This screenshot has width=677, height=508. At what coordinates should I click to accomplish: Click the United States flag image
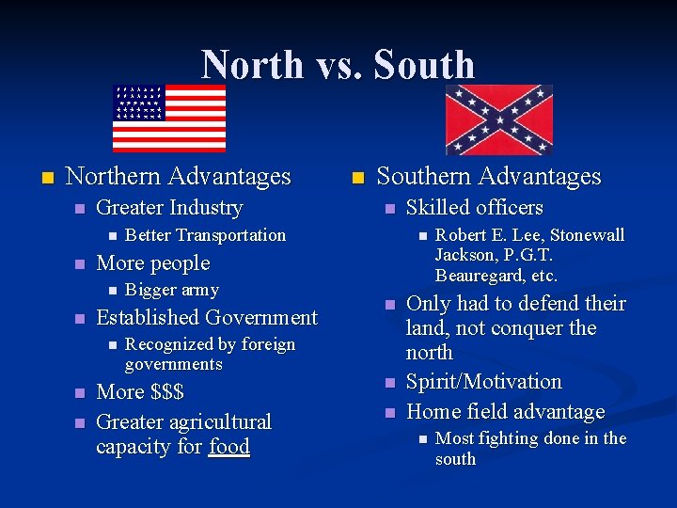169,118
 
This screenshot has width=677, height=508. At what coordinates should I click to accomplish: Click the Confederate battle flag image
498,119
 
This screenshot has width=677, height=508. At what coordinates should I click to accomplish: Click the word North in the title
250,65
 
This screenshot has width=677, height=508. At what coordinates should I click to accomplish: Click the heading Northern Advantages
179,176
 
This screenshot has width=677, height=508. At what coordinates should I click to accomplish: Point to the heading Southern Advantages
488,176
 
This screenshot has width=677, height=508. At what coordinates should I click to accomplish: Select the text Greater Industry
169,207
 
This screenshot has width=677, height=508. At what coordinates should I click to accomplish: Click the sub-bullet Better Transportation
205,235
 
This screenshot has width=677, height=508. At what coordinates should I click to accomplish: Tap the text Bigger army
171,290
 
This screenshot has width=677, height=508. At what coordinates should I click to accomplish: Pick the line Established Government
207,317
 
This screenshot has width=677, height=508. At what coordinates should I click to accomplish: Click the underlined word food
229,446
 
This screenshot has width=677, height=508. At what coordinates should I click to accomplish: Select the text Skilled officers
474,207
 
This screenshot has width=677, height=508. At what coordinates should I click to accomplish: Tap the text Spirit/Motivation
483,381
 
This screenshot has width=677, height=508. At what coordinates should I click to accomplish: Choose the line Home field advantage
505,411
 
